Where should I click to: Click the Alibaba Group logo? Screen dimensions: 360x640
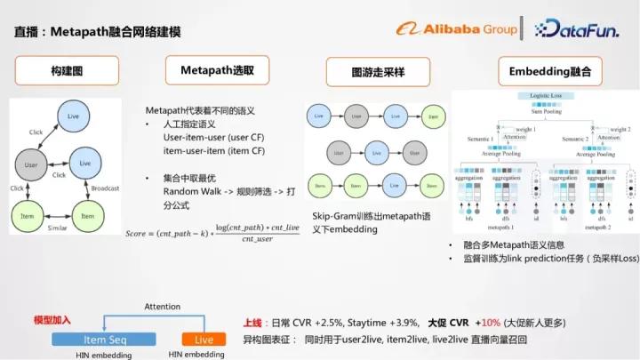coord(457,29)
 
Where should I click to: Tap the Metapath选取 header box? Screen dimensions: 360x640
coord(217,70)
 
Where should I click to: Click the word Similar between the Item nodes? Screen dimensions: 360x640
coord(58,228)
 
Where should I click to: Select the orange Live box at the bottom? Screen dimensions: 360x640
coord(204,340)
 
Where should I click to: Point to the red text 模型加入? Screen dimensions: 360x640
coord(52,319)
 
